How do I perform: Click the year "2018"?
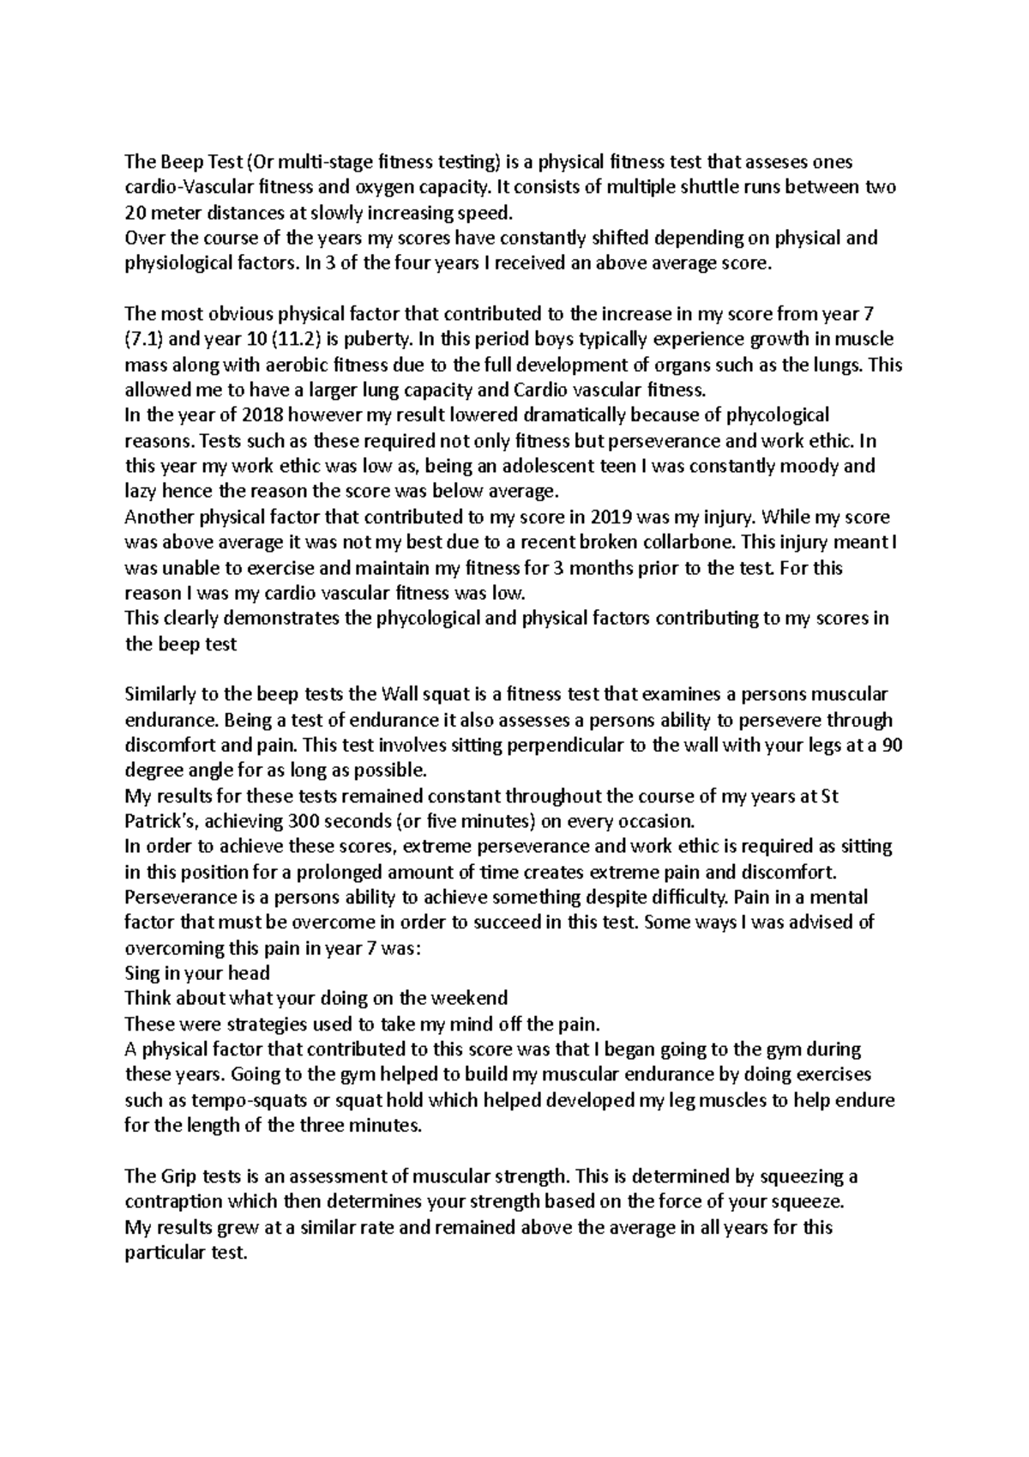tap(261, 415)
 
